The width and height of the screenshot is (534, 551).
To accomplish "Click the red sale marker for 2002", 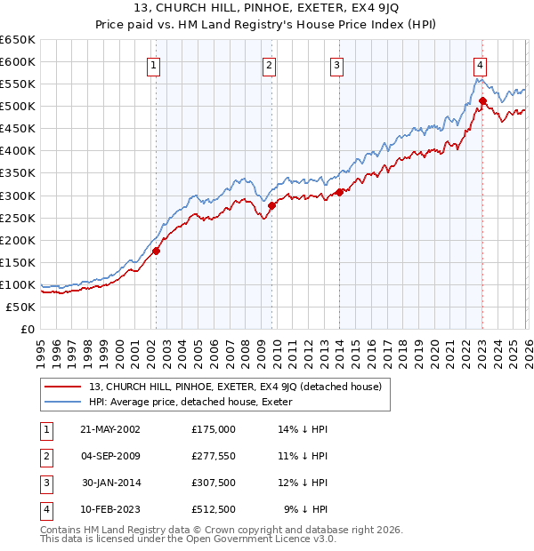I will pyautogui.click(x=156, y=251).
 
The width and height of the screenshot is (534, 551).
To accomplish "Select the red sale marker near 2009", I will pyautogui.click(x=271, y=205).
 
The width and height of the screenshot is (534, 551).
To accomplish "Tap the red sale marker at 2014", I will pyautogui.click(x=340, y=192).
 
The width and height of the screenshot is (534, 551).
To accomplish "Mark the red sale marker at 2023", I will pyautogui.click(x=482, y=100).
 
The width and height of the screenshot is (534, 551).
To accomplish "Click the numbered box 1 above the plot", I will pyautogui.click(x=155, y=64).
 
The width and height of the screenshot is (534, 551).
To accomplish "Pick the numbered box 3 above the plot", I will pyautogui.click(x=337, y=64).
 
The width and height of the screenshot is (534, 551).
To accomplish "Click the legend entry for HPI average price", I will pyautogui.click(x=197, y=402).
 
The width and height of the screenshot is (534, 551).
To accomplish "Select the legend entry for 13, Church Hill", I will pyautogui.click(x=235, y=387).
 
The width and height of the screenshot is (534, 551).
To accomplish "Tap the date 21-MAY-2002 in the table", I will pyautogui.click(x=110, y=428).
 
